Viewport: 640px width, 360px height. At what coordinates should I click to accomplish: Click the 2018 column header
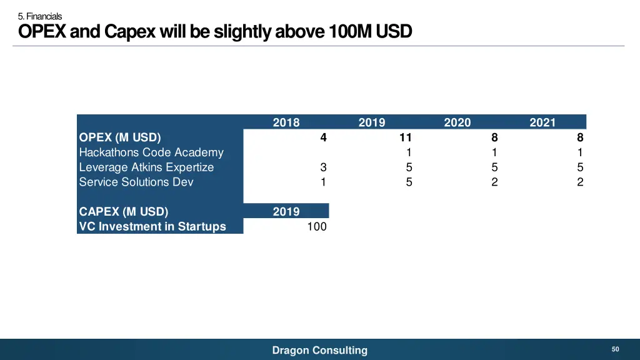(x=286, y=122)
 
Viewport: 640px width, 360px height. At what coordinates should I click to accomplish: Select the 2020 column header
(x=457, y=122)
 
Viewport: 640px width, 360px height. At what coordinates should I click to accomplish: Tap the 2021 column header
(x=542, y=122)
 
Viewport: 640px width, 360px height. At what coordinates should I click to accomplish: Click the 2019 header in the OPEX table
(x=372, y=122)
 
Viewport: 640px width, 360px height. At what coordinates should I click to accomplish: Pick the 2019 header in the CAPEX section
(x=286, y=211)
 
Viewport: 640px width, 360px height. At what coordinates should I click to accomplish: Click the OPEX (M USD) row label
(x=120, y=137)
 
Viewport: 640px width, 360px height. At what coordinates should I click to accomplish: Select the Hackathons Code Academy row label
(x=151, y=152)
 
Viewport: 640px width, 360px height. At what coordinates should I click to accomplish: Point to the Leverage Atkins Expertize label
(x=146, y=167)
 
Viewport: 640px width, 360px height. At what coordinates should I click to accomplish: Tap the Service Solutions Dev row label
(x=136, y=182)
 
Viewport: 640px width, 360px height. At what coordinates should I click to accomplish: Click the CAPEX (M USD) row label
(x=124, y=211)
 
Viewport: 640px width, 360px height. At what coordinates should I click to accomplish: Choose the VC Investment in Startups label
(x=152, y=226)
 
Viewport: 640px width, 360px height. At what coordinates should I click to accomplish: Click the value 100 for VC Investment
(x=317, y=226)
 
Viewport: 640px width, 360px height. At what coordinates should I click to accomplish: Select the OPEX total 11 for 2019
(x=406, y=137)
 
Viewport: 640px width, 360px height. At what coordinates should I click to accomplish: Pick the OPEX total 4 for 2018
(x=323, y=137)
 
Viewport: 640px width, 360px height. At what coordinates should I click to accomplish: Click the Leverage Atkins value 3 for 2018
(x=323, y=167)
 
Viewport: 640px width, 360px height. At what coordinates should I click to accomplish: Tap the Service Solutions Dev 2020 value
(x=494, y=182)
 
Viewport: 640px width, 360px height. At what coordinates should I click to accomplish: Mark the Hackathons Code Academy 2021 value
(x=580, y=152)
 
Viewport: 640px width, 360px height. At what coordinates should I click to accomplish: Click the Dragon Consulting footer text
(x=320, y=350)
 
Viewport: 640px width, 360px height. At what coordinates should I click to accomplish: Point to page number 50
(x=615, y=349)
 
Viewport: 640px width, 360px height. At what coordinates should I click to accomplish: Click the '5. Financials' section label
(x=40, y=16)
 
